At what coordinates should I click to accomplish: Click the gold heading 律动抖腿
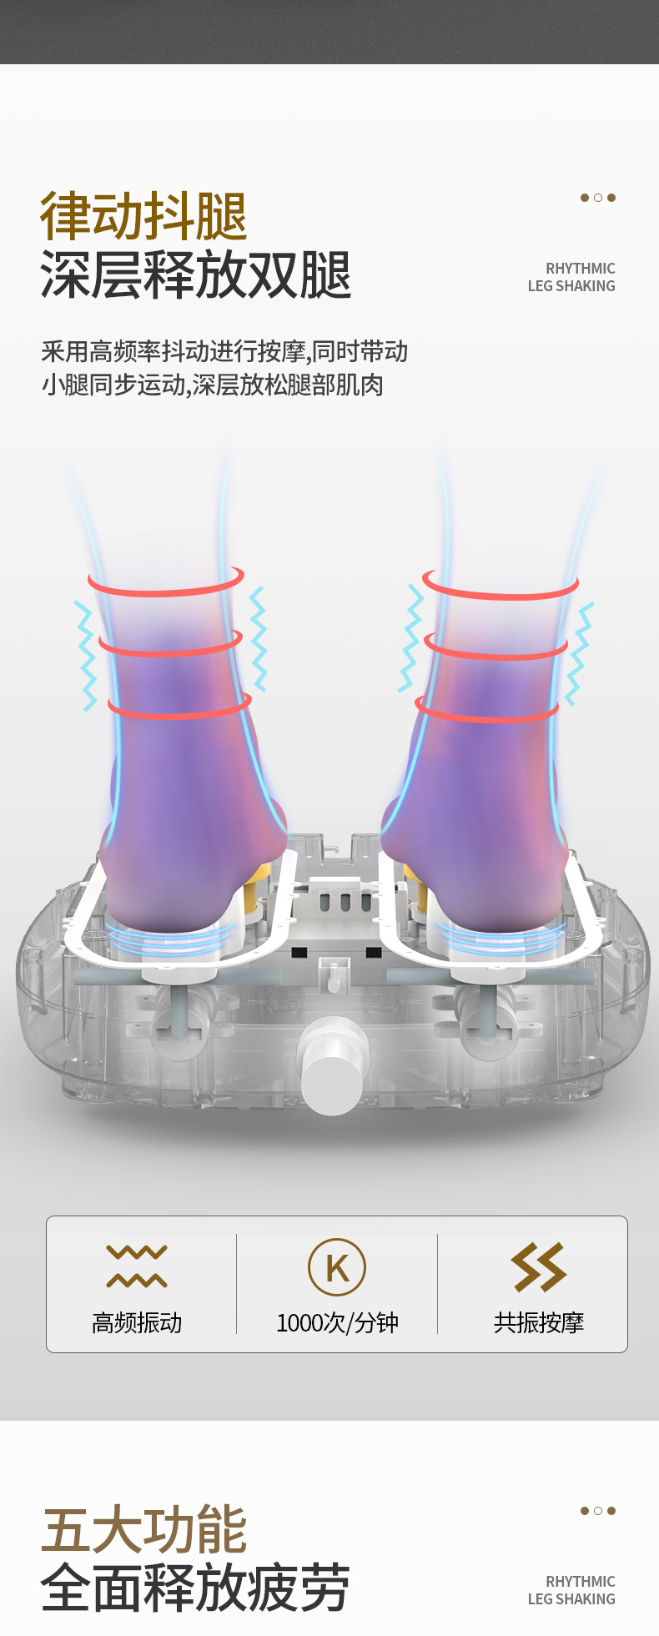coord(143,215)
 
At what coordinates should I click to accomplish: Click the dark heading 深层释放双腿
coord(195,274)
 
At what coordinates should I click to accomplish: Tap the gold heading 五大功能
coord(143,1528)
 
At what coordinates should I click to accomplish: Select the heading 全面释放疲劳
coord(195,1587)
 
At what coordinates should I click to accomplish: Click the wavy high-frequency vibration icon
coord(137,1266)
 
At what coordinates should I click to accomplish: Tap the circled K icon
coord(337,1267)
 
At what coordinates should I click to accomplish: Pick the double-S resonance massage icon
coord(539,1267)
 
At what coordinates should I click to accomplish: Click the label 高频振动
coord(137,1323)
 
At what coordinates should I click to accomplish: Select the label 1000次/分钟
coord(337,1323)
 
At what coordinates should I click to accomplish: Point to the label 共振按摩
coord(539,1323)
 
